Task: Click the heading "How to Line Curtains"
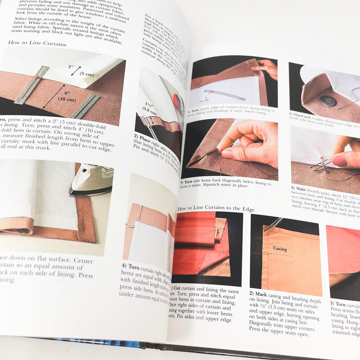(x=37, y=44)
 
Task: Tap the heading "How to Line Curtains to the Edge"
(x=216, y=208)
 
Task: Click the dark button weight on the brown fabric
(x=328, y=100)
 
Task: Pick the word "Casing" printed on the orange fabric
(x=280, y=248)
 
